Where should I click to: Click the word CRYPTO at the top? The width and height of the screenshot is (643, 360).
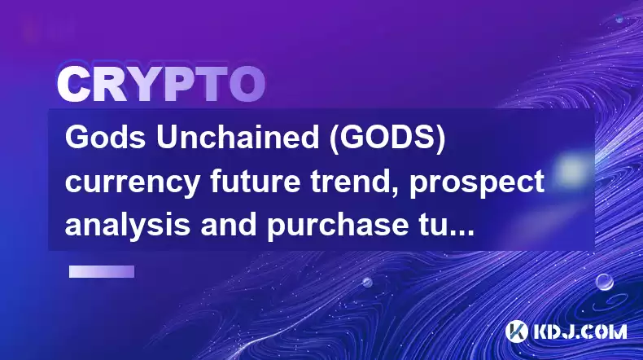pyautogui.click(x=161, y=84)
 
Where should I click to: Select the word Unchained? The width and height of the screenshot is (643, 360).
pyautogui.click(x=238, y=138)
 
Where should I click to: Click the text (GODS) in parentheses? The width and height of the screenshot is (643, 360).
pyautogui.click(x=388, y=138)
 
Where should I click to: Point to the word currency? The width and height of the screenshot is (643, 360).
pyautogui.click(x=133, y=183)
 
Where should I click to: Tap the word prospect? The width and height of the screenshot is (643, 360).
pyautogui.click(x=477, y=183)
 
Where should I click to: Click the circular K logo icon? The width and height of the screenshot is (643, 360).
pyautogui.click(x=517, y=331)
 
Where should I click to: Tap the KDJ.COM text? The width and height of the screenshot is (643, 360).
pyautogui.click(x=580, y=331)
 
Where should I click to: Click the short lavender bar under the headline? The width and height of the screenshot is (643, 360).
pyautogui.click(x=102, y=271)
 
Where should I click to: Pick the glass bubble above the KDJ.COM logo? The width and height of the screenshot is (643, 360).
pyautogui.click(x=605, y=282)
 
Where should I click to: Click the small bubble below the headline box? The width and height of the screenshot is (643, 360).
pyautogui.click(x=367, y=283)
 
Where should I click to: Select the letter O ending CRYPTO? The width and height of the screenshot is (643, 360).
pyautogui.click(x=247, y=84)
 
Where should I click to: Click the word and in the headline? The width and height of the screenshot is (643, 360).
pyautogui.click(x=229, y=224)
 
